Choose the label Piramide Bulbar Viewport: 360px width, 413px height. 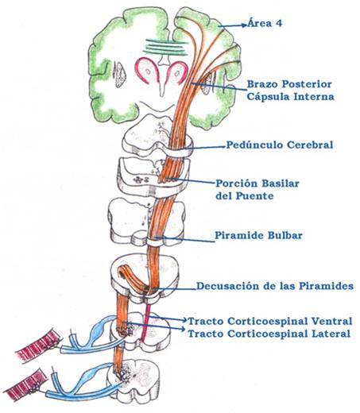click(257, 236)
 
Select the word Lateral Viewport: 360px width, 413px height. click(327, 334)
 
